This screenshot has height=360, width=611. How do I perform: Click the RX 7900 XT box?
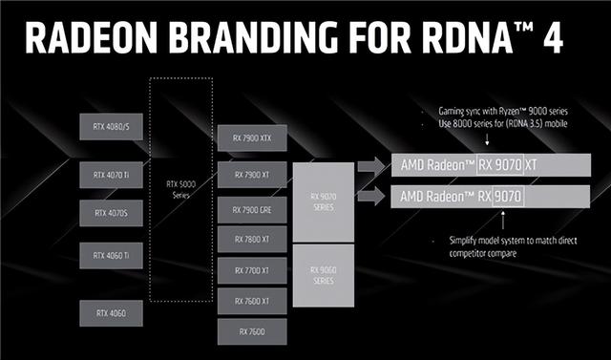click(x=250, y=176)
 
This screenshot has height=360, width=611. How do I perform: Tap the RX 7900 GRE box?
click(x=250, y=208)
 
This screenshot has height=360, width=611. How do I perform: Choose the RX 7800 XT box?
click(x=250, y=240)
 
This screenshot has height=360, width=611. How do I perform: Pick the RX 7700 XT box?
click(x=250, y=271)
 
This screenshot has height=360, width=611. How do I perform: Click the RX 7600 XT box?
click(x=250, y=301)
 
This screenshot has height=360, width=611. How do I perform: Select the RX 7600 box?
click(x=250, y=330)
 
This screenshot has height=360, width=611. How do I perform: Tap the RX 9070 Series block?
click(x=323, y=201)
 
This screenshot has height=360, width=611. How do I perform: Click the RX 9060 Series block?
click(x=323, y=274)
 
